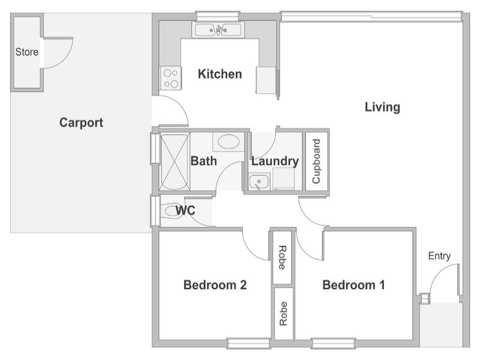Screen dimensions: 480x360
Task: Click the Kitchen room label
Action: click(x=220, y=74)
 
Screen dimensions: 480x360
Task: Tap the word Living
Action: click(x=382, y=107)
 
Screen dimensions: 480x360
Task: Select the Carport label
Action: click(x=81, y=122)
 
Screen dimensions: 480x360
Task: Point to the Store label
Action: click(x=27, y=52)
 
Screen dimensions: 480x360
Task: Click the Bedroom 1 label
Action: click(x=353, y=285)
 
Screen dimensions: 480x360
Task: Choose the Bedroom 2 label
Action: click(x=215, y=285)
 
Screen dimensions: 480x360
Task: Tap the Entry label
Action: click(x=439, y=256)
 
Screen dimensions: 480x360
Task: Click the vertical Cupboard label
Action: click(x=316, y=161)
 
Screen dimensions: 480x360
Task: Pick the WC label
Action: click(x=185, y=211)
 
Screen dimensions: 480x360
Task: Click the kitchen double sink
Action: click(x=218, y=30)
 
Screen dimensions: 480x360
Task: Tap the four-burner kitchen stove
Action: click(x=171, y=79)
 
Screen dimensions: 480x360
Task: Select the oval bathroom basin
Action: click(x=229, y=142)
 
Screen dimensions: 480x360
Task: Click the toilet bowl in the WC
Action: click(x=172, y=211)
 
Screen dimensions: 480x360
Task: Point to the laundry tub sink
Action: click(x=259, y=182)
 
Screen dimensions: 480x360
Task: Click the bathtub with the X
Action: click(x=175, y=161)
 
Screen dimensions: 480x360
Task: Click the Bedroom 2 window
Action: click(x=248, y=343)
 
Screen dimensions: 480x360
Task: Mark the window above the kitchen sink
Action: click(x=217, y=16)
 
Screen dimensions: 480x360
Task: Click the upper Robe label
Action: click(x=282, y=258)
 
